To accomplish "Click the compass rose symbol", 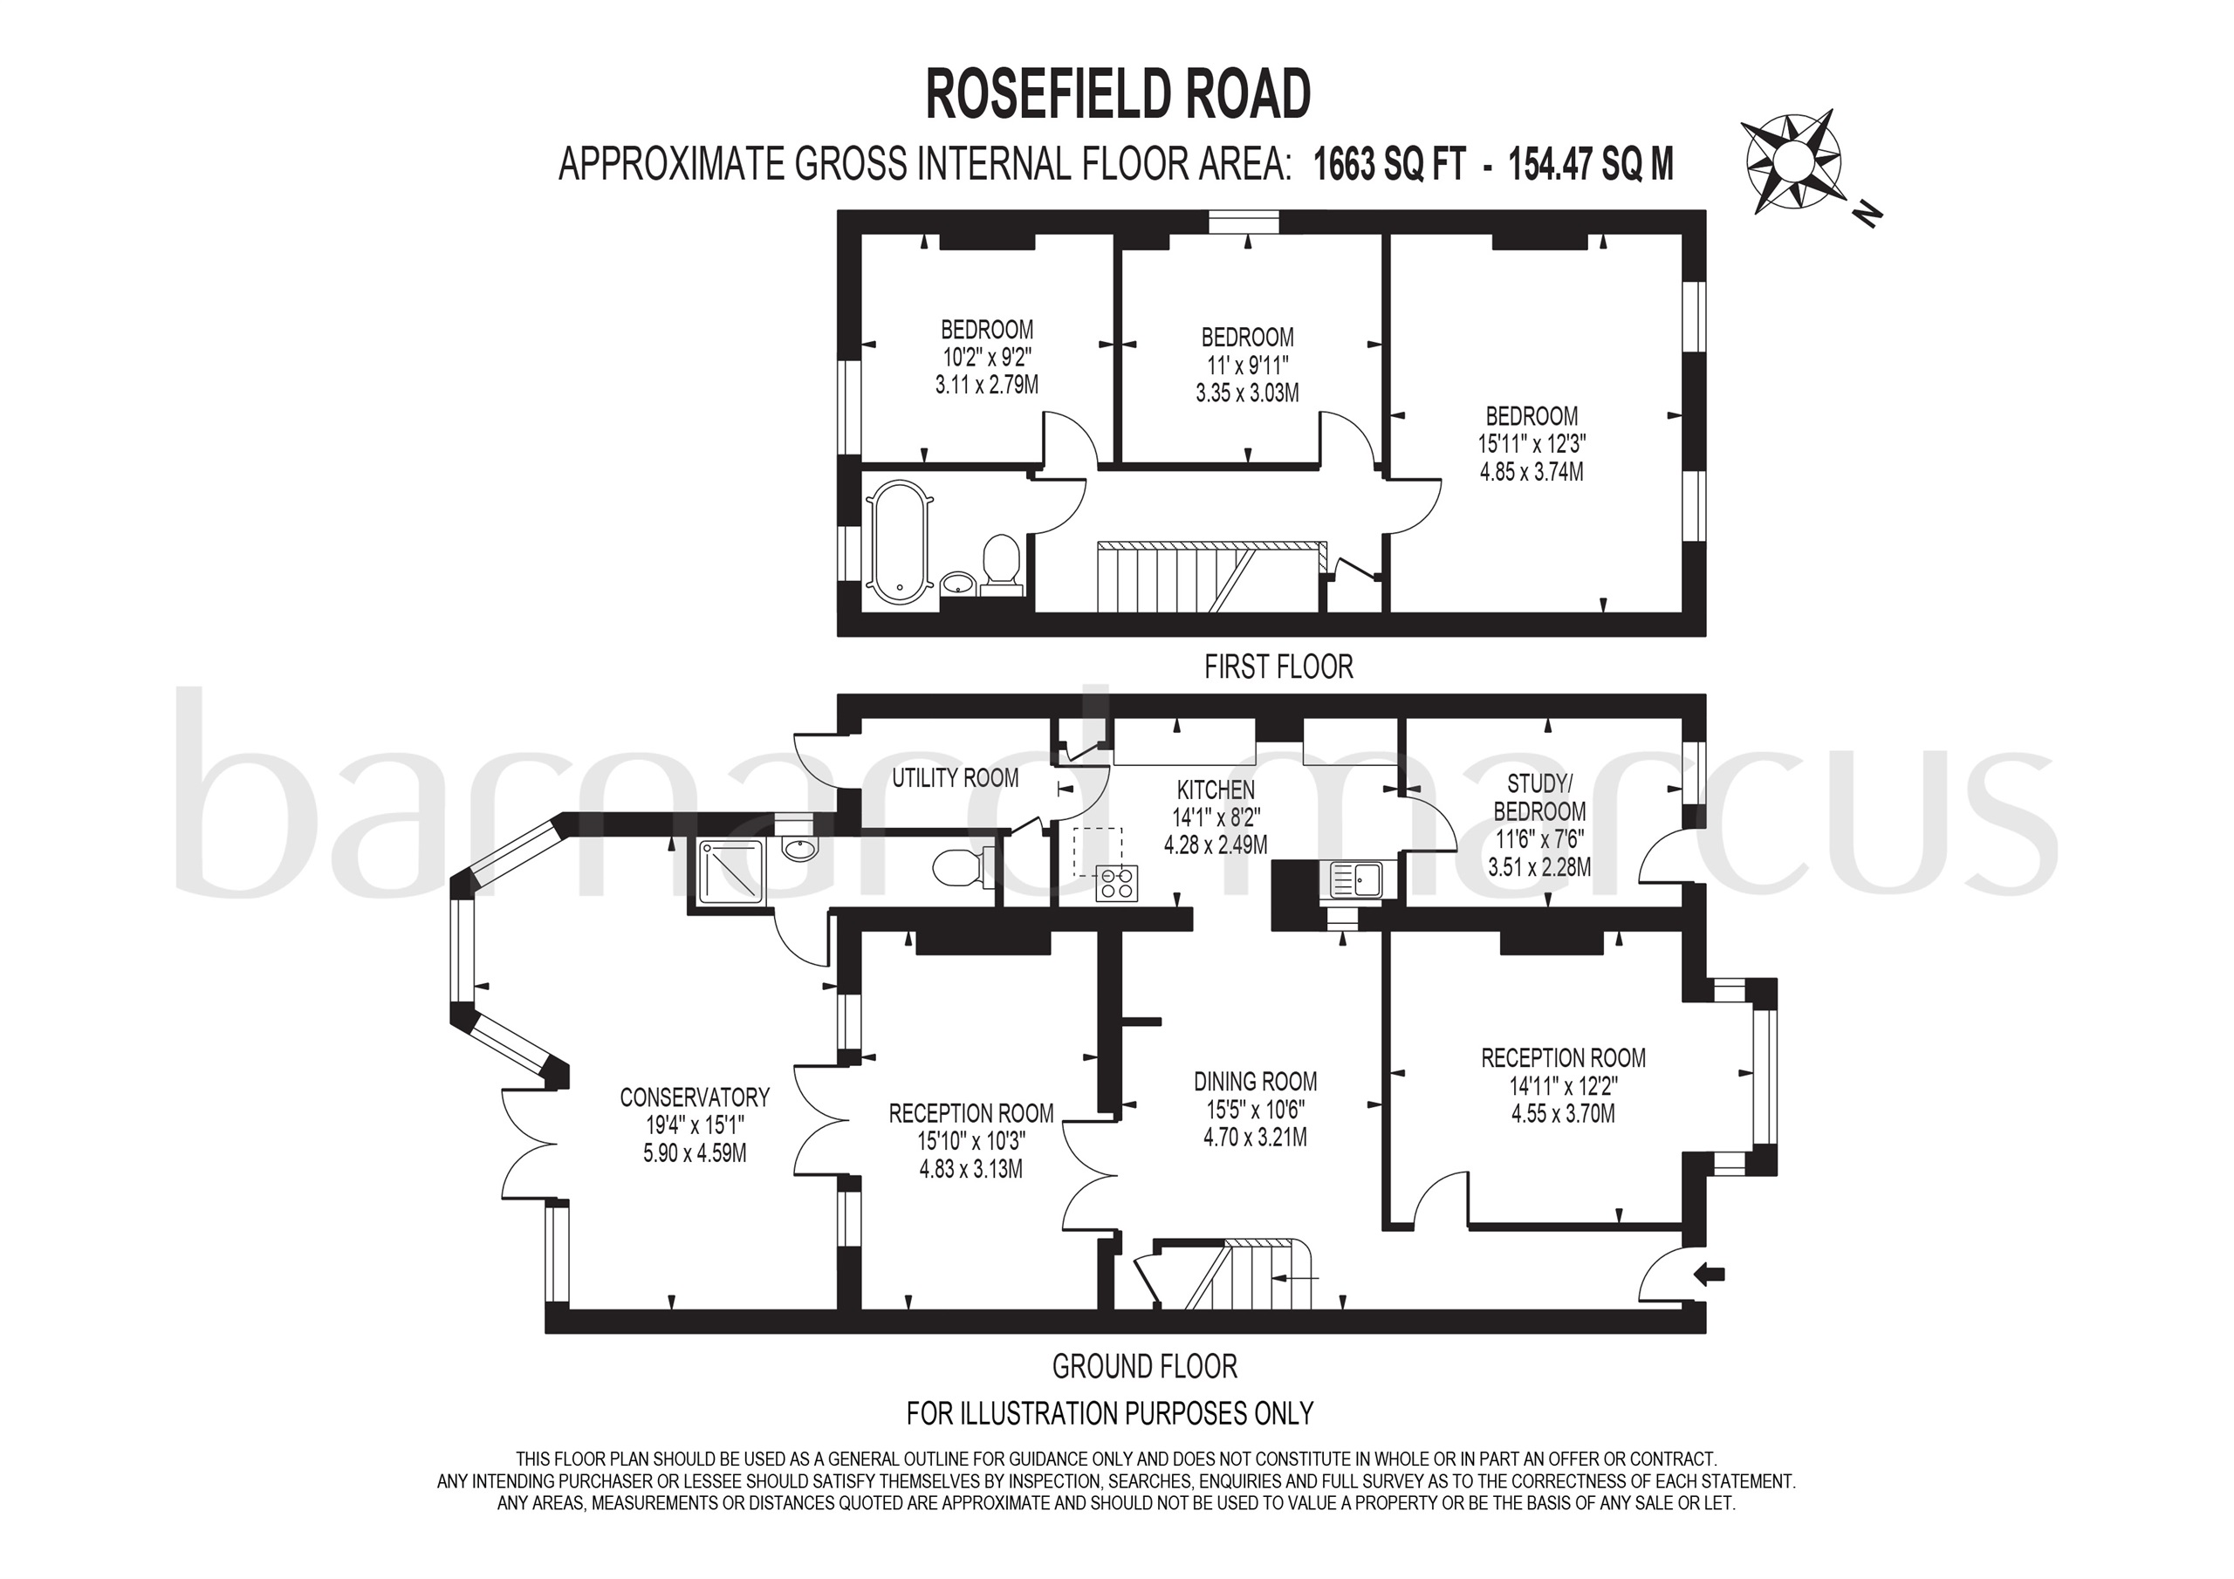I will [x=1792, y=161].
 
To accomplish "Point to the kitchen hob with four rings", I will [x=1116, y=883].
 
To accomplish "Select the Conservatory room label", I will [x=694, y=1097].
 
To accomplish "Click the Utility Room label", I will [x=955, y=777].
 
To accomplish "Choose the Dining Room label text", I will [x=1255, y=1081].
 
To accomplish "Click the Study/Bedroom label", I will [x=1539, y=796].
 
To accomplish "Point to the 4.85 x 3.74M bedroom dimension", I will [x=1532, y=472].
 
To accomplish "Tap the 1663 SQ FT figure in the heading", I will [x=1388, y=164].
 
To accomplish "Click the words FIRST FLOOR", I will [x=1278, y=666].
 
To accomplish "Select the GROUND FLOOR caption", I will [x=1144, y=1367].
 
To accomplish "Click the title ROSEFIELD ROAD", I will [x=1117, y=95].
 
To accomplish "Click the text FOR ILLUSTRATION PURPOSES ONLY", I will [x=1109, y=1412].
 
